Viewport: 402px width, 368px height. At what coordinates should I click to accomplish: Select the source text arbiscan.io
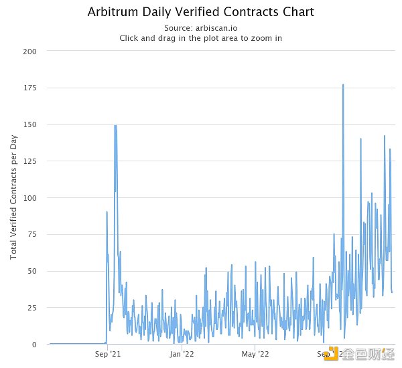[x=215, y=27]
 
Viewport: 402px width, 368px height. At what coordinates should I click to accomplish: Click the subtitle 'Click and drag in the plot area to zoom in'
[x=200, y=38]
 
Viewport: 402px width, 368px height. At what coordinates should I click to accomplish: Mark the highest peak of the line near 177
[x=343, y=85]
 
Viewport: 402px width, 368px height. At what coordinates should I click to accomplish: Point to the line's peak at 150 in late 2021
[x=115, y=125]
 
